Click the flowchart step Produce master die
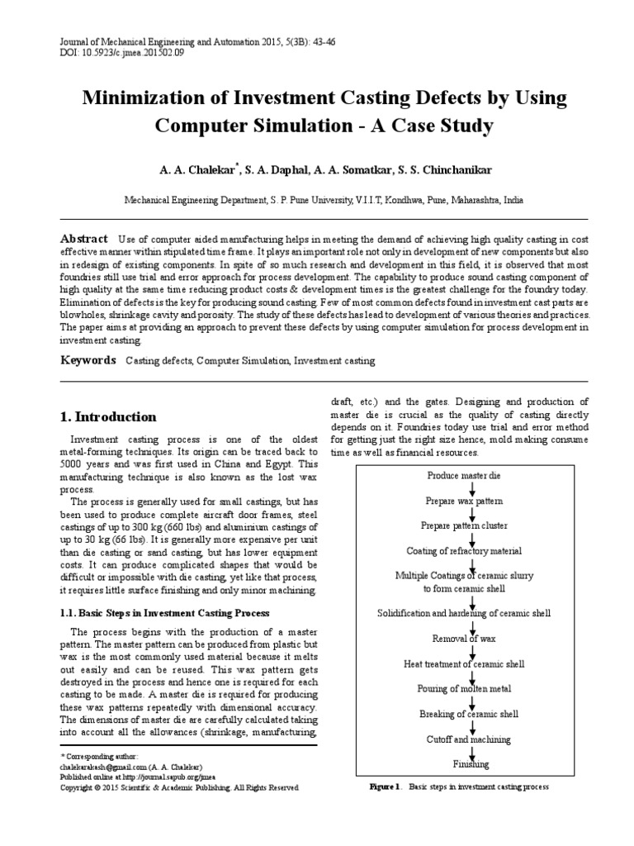(x=463, y=477)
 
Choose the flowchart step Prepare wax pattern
(x=463, y=501)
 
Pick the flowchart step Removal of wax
(x=463, y=639)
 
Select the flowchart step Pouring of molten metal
(x=464, y=688)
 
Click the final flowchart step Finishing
(x=470, y=763)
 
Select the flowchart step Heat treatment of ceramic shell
(x=463, y=663)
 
